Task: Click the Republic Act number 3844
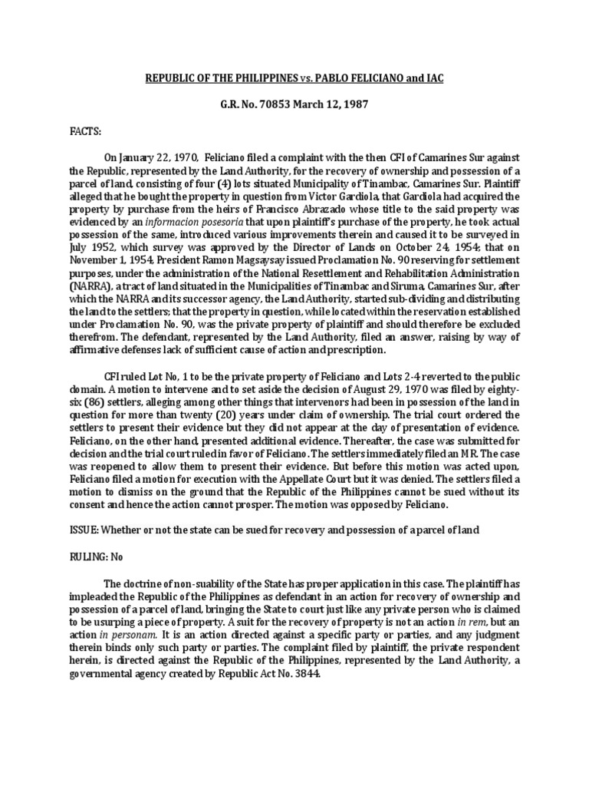300,652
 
